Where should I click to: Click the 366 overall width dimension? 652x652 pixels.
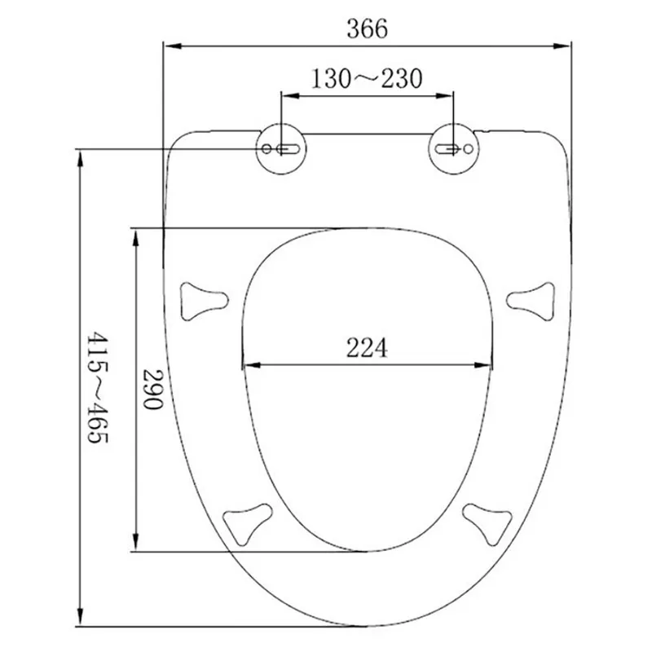click(x=368, y=29)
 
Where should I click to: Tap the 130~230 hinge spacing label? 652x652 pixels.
click(x=367, y=78)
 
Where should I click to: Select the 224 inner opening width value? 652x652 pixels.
click(x=367, y=348)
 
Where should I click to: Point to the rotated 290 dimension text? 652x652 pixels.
click(x=153, y=390)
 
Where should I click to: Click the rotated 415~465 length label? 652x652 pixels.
click(x=97, y=387)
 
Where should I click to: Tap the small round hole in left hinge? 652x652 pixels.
click(x=267, y=148)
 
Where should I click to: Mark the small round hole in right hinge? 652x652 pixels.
click(x=468, y=148)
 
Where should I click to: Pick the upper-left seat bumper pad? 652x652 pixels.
click(x=203, y=301)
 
